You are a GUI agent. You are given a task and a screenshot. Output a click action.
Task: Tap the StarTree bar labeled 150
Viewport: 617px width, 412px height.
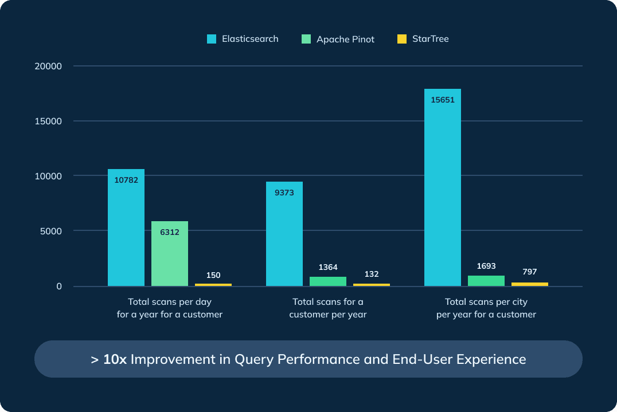(x=213, y=284)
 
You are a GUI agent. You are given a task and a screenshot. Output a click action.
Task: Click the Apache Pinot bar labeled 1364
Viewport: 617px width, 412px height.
(x=328, y=281)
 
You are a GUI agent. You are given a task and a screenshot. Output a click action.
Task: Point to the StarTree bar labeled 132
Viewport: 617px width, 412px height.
(x=372, y=284)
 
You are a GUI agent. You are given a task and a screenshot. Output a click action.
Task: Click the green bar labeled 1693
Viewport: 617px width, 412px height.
(x=486, y=281)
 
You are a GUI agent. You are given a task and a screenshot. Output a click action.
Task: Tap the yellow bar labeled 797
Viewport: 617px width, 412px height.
(x=530, y=284)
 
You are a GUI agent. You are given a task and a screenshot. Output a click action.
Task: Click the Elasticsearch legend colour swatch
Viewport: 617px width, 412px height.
(x=212, y=39)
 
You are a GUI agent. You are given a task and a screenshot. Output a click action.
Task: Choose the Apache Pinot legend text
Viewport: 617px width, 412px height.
(x=345, y=40)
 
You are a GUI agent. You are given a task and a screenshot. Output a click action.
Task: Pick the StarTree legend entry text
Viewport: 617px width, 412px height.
(x=430, y=39)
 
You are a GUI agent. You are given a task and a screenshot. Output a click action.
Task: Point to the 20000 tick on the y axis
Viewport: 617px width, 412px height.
(x=48, y=66)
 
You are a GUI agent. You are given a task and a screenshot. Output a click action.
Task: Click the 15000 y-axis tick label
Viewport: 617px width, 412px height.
(x=48, y=121)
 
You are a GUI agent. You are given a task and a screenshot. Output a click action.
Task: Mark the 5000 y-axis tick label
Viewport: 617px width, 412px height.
(x=51, y=231)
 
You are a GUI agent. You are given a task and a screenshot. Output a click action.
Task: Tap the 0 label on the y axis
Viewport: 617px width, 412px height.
(x=58, y=287)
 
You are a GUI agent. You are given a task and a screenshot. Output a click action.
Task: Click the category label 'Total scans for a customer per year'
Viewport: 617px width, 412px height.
(x=328, y=308)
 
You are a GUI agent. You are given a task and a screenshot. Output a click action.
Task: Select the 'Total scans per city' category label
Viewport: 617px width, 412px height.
(x=486, y=301)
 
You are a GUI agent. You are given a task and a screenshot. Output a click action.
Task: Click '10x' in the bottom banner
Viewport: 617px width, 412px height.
(x=115, y=359)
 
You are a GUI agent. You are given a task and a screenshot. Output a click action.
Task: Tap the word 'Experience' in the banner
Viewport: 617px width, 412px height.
(x=496, y=359)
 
